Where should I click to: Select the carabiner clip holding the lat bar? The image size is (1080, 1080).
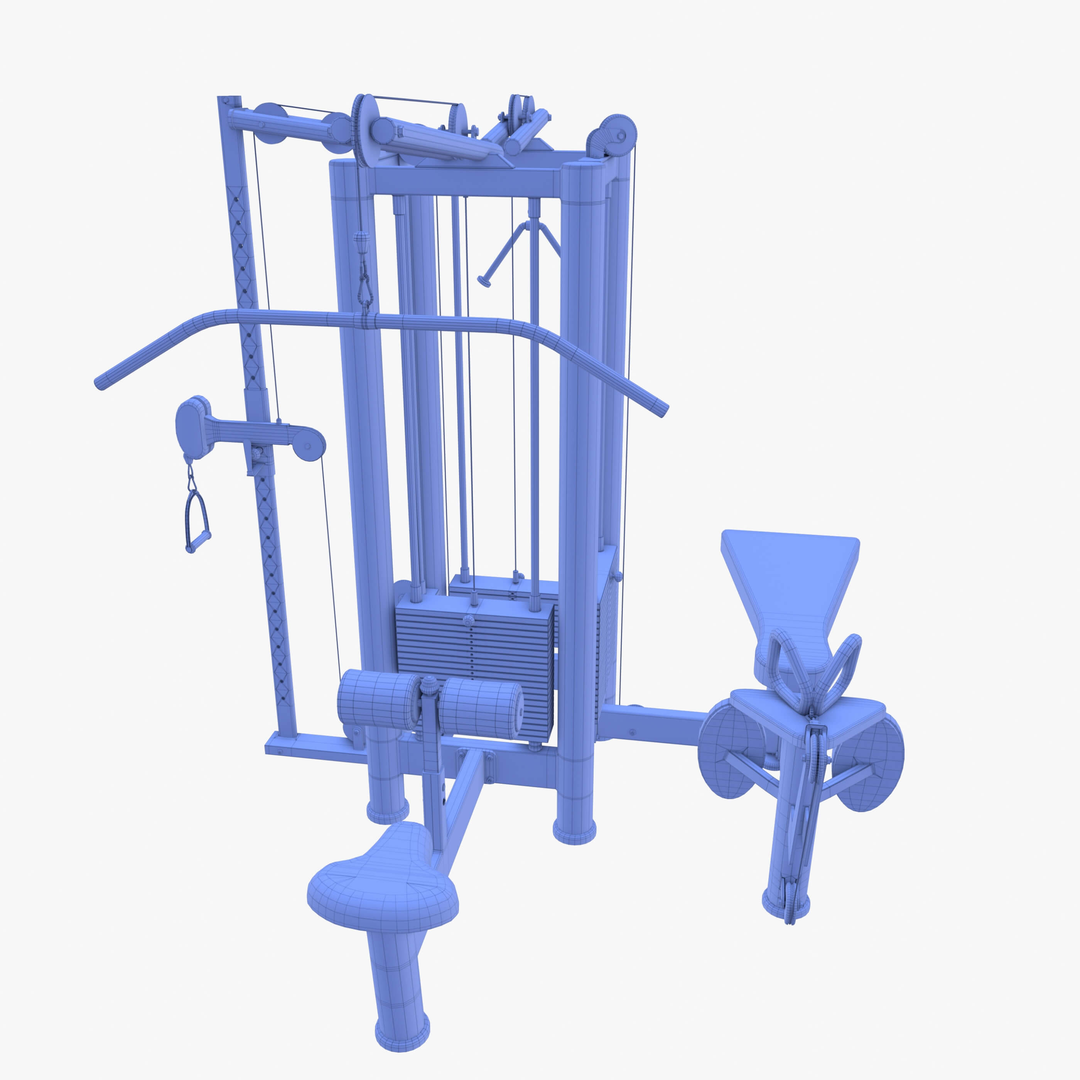[364, 291]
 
